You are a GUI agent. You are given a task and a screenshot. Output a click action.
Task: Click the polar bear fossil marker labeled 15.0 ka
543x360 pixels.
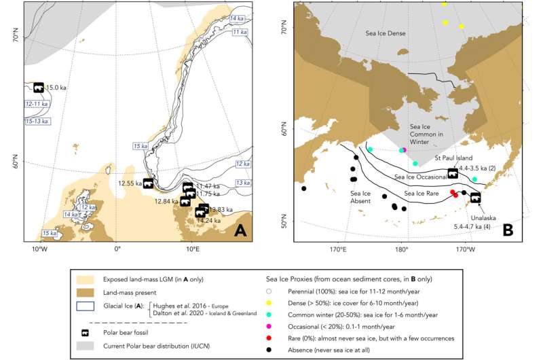point(39,88)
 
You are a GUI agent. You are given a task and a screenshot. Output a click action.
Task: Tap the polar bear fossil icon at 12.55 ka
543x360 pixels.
point(148,183)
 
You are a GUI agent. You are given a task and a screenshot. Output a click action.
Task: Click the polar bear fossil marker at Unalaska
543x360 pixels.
point(475,198)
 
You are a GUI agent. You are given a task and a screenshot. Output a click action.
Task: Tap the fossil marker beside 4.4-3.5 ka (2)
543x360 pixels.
point(453,173)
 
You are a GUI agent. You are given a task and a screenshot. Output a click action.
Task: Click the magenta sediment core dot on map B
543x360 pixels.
point(404,150)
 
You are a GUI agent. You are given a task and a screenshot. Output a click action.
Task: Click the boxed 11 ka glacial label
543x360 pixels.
point(238,32)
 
